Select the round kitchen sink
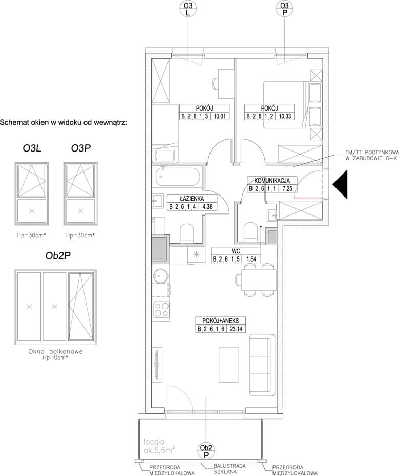160,276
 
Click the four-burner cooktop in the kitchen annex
161,310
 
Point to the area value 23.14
236,329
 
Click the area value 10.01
219,116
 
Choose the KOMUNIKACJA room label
272,181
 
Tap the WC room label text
236,251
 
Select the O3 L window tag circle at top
188,8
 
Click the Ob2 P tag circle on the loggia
206,451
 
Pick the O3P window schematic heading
81,148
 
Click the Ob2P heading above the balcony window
58,256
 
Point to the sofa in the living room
260,364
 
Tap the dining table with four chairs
256,279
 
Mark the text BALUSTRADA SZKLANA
225,469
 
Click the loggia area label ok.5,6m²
158,446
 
